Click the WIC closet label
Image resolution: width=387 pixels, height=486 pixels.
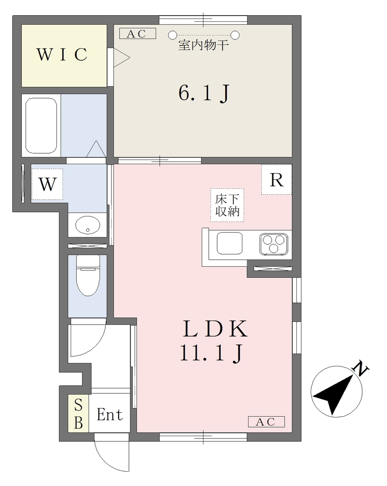62,55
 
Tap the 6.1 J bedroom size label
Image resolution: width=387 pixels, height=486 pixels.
204,93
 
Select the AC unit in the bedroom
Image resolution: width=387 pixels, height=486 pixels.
138,34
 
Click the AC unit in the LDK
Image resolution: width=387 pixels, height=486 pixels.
266,421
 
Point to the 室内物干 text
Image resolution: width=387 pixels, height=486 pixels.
203,45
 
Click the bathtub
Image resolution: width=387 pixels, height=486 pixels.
41,125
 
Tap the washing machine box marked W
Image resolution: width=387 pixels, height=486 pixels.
47,184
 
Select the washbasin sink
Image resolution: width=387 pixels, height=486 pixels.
88,225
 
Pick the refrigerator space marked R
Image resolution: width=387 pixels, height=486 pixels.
276,179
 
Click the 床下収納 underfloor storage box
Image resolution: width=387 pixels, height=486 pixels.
227,205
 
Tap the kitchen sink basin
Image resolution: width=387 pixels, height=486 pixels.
230,243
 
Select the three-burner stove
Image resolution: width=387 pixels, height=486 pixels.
274,244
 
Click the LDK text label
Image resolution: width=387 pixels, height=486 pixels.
215,329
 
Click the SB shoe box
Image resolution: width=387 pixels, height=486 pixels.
78,413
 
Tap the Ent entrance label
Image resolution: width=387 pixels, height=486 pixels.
110,414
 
